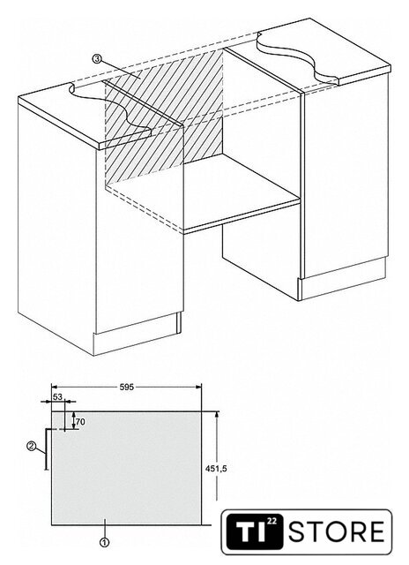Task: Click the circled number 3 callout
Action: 96,58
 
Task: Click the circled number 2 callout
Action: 32,446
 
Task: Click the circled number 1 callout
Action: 104,542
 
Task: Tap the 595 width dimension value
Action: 126,387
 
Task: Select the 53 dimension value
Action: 57,396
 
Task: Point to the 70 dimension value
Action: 80,422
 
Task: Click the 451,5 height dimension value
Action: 216,469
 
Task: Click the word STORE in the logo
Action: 337,531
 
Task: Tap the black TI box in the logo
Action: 255,531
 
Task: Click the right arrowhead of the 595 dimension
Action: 198,387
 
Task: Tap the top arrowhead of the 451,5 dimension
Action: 217,414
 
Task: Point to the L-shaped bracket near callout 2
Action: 46,448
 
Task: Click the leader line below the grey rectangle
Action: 104,528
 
